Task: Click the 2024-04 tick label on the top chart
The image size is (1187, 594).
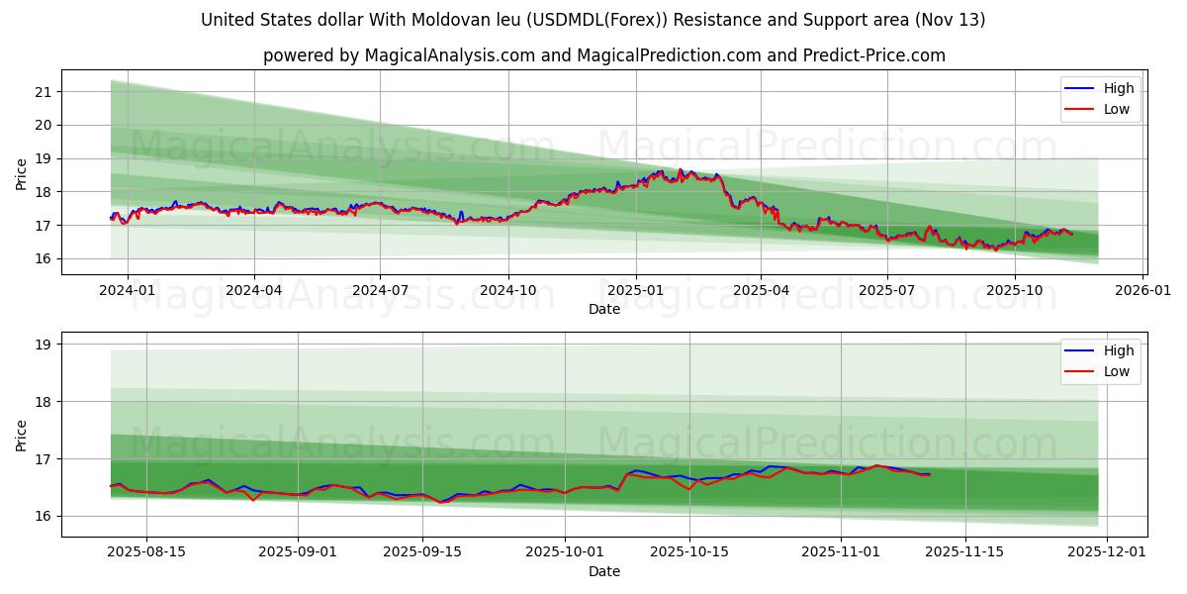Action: pos(254,291)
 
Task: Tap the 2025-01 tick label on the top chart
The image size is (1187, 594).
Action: pos(635,291)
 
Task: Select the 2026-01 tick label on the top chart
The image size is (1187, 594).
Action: pos(1143,291)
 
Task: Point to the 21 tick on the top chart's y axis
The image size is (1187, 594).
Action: pos(43,92)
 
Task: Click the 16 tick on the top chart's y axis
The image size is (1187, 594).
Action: pos(43,259)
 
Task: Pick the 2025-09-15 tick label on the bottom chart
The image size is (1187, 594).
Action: pos(422,552)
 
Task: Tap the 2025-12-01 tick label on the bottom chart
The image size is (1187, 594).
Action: pos(1107,552)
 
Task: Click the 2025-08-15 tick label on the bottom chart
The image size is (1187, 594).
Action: pos(146,552)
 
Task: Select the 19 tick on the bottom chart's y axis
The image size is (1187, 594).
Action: pos(43,346)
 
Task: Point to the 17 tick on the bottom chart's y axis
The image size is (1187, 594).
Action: pos(43,459)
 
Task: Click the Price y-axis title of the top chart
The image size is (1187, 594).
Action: pos(22,174)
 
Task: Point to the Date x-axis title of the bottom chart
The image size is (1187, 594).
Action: pos(604,571)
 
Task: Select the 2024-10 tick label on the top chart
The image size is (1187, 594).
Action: pos(508,291)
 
